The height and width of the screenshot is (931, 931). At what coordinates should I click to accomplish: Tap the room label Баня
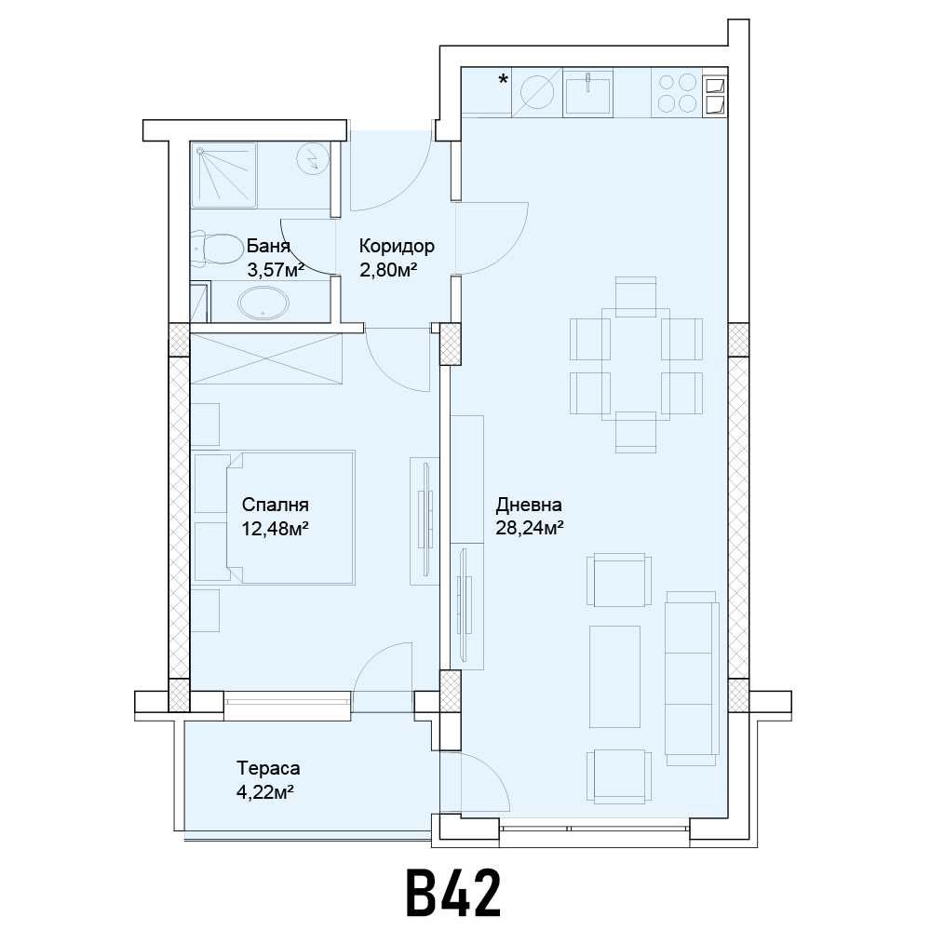tap(268, 248)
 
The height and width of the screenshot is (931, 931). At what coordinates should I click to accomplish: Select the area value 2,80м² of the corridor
tap(387, 270)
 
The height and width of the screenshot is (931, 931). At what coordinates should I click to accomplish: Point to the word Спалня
tap(275, 506)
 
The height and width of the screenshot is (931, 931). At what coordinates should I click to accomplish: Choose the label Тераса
tap(268, 769)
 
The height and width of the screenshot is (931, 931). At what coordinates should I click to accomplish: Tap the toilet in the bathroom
tap(217, 249)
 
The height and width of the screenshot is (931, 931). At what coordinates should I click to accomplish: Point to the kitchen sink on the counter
tap(587, 93)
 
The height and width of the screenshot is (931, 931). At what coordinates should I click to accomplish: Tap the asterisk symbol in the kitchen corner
tap(503, 80)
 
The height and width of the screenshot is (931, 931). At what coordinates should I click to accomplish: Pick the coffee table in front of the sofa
tap(614, 676)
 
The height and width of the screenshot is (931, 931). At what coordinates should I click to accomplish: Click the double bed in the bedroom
tap(290, 518)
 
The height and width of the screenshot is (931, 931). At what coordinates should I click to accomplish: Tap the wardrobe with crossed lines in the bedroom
tap(266, 358)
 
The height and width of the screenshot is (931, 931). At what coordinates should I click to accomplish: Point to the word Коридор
tap(397, 247)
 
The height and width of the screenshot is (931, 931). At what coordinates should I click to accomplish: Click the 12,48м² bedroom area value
tap(275, 529)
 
